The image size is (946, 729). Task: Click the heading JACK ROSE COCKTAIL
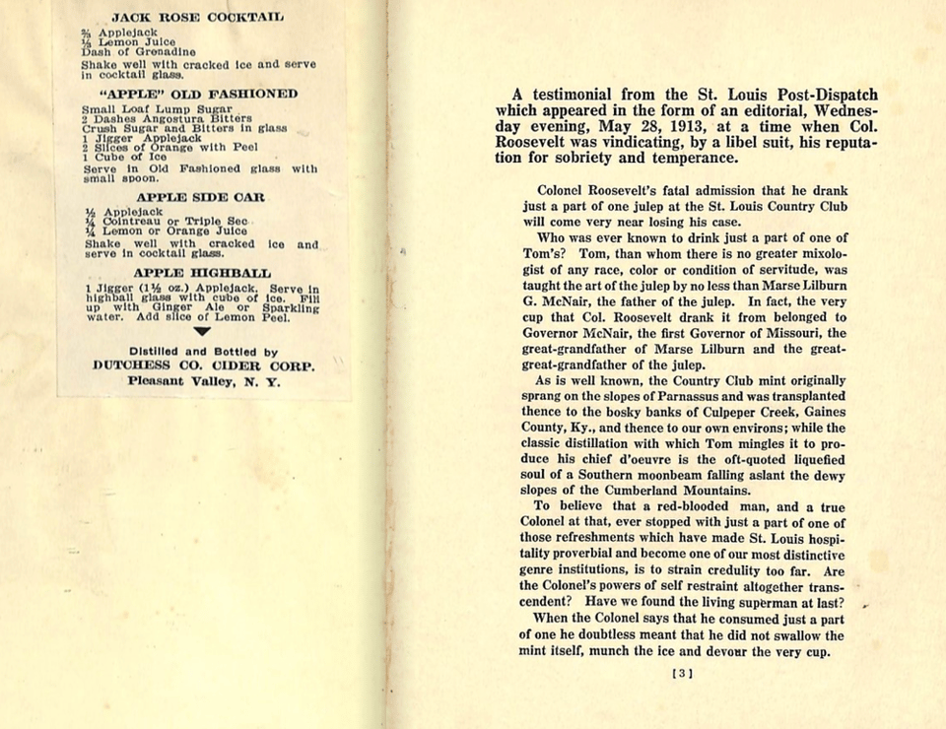[x=197, y=17]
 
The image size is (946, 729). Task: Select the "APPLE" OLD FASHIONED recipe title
[x=198, y=94]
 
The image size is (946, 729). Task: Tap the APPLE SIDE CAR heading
[x=199, y=197]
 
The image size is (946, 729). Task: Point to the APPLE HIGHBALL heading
[x=202, y=272]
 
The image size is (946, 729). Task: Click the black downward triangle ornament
[x=202, y=333]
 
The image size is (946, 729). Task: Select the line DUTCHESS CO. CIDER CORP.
[x=203, y=365]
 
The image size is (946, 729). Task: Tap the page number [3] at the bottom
[x=682, y=674]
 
